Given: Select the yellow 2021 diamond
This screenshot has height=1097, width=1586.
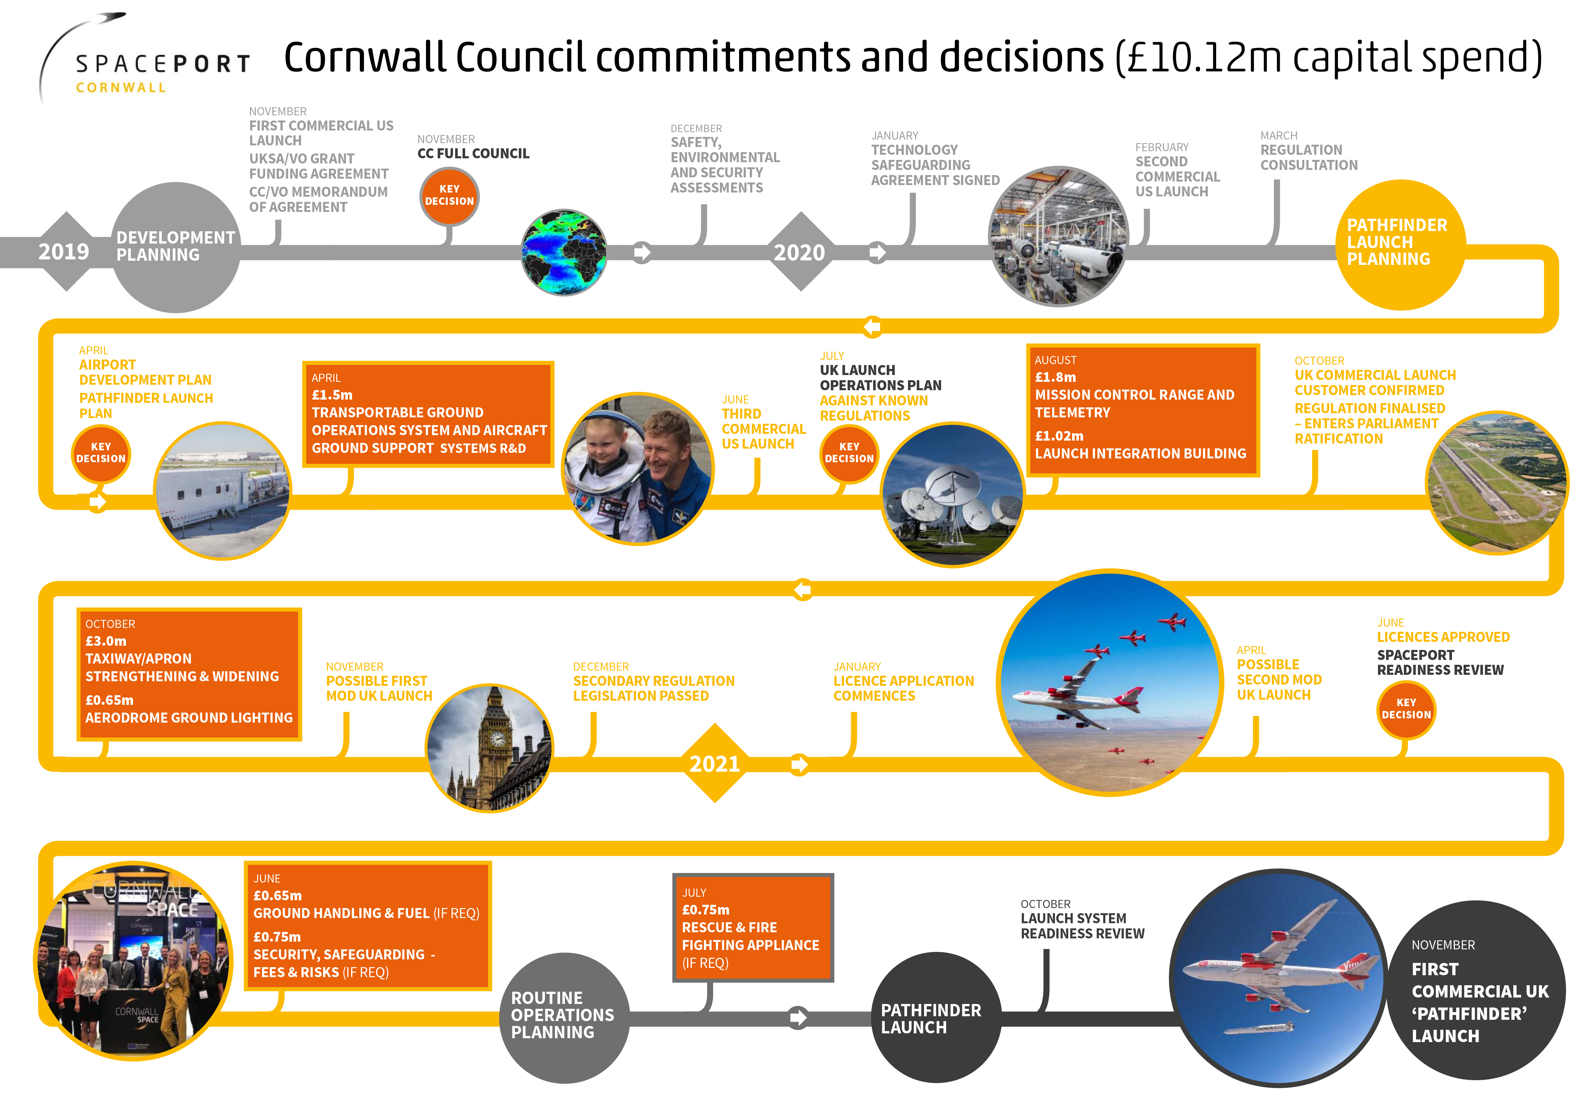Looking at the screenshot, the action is click(x=715, y=763).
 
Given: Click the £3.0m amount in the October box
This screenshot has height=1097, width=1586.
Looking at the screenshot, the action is click(x=106, y=641).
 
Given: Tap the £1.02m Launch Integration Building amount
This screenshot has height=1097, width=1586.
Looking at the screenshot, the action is click(x=1059, y=436).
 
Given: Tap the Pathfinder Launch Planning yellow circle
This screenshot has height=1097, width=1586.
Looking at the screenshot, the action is click(x=1401, y=245).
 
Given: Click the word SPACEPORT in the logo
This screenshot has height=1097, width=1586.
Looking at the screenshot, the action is click(x=163, y=64).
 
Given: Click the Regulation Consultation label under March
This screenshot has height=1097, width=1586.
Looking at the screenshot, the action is click(x=1309, y=157).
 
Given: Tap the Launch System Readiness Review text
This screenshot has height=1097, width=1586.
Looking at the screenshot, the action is click(x=1082, y=926).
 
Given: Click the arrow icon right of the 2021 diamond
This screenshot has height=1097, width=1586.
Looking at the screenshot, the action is click(x=798, y=764).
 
